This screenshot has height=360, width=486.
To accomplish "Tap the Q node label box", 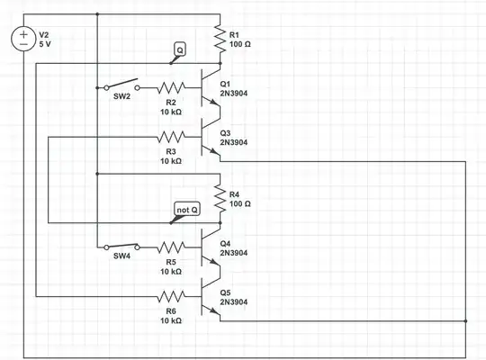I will (179, 50).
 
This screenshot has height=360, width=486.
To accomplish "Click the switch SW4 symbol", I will (122, 246).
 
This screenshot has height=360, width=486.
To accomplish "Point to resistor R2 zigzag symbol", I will (171, 88).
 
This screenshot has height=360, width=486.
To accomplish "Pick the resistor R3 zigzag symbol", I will (171, 137).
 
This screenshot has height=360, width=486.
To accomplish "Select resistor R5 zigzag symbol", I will (171, 247).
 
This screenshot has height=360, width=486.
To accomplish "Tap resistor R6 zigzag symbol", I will (171, 295).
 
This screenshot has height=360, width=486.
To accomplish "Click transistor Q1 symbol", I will (213, 88).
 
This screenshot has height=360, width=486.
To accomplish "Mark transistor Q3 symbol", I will (213, 137).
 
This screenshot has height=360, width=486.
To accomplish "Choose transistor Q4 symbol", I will (213, 247).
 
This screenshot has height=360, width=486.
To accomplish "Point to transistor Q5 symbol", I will (213, 295).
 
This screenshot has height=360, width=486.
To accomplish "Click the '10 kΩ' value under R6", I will (171, 319).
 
